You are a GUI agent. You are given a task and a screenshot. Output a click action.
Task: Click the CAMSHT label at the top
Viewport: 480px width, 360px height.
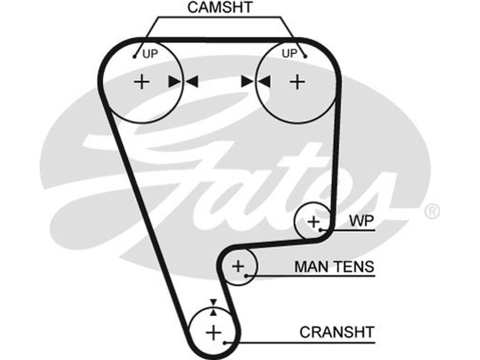point(220,8)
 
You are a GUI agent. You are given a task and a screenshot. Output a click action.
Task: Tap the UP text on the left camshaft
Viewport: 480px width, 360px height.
point(149,54)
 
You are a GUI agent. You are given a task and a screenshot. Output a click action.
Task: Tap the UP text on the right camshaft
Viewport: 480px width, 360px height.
point(289,54)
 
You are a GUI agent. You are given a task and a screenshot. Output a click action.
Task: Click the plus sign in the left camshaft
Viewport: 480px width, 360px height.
point(142,82)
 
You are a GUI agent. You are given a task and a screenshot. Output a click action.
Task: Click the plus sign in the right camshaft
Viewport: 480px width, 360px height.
point(297,82)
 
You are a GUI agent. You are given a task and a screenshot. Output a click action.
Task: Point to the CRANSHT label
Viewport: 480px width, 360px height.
point(337,332)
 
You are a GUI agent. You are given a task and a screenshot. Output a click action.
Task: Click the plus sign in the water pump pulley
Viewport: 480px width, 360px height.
point(314,222)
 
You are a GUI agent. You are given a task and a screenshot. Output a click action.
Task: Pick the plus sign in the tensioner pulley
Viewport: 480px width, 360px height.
point(238,266)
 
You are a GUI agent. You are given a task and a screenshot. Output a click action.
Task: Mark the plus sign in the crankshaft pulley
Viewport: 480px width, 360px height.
point(213,332)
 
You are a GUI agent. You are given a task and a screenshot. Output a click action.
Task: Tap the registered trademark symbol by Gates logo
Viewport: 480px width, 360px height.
point(431,211)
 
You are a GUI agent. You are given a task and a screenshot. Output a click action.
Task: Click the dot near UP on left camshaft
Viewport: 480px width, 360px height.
point(136,58)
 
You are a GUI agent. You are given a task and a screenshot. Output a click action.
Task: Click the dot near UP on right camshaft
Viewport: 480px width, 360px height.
point(305,58)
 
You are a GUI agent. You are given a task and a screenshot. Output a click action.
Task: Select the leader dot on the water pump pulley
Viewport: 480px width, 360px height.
point(322,230)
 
